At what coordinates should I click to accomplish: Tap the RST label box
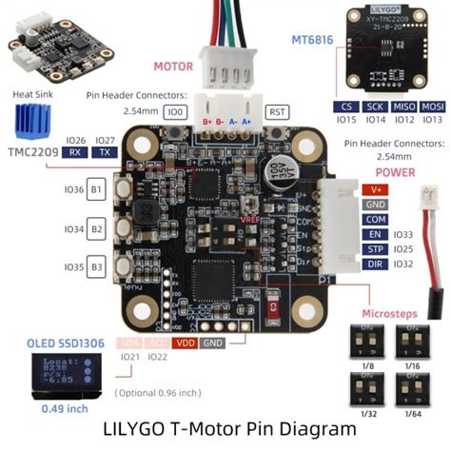277,112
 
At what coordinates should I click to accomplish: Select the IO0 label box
174,112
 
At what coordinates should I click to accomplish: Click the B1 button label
97,190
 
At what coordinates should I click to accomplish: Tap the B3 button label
97,268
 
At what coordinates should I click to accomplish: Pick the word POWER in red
395,172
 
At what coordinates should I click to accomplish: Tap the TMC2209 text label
33,152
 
